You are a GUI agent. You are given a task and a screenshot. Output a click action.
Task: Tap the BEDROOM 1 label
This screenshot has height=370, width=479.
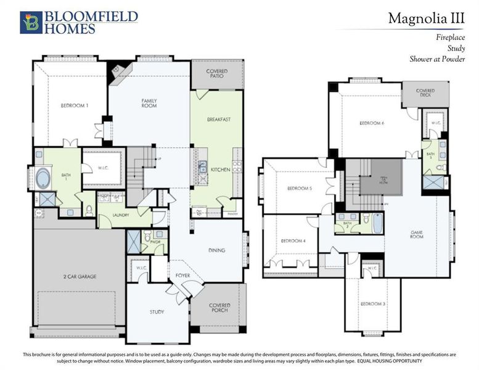pyautogui.click(x=75, y=105)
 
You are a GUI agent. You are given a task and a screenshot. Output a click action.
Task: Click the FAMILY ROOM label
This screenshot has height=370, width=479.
pyautogui.click(x=149, y=103)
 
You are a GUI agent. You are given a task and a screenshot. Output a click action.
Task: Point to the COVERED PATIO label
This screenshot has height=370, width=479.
pyautogui.click(x=216, y=74)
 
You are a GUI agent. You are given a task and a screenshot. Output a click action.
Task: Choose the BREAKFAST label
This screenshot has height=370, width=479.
pyautogui.click(x=218, y=119)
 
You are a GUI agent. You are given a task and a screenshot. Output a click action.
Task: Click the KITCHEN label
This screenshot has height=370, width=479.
pyautogui.click(x=221, y=168)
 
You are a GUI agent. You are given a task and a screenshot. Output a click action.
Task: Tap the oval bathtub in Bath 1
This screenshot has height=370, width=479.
pyautogui.click(x=44, y=179)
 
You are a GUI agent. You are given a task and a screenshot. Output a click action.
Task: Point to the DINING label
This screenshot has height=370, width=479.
pyautogui.click(x=216, y=250)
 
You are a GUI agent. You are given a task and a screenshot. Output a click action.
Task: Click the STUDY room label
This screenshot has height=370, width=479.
pyautogui.click(x=157, y=312)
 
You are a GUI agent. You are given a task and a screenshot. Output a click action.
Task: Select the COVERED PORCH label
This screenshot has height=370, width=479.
pyautogui.click(x=219, y=307)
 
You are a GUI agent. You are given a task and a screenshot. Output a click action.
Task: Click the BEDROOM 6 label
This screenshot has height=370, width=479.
pyautogui.click(x=372, y=123)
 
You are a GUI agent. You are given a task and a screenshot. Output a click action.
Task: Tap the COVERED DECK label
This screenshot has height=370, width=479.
pyautogui.click(x=425, y=93)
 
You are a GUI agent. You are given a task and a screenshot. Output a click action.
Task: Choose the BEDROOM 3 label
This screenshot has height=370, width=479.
pyautogui.click(x=372, y=304)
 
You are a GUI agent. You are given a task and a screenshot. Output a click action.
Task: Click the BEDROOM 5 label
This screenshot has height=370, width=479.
pyautogui.click(x=300, y=189)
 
